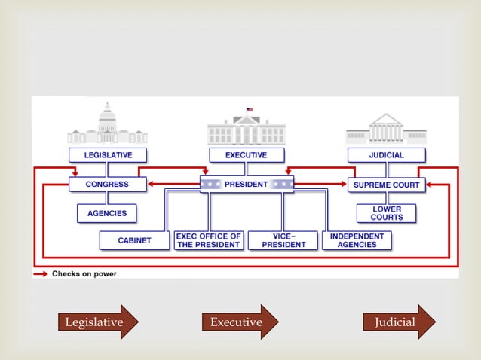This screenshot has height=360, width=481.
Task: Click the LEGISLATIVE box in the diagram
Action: coord(108,155)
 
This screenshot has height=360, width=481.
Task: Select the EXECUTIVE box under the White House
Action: coord(247,155)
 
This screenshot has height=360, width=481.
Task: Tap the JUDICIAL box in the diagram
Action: coord(387,155)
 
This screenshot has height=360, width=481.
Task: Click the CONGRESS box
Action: coord(108,184)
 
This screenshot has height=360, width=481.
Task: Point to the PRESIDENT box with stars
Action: coord(247,184)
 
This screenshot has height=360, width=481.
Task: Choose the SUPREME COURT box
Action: coord(387,184)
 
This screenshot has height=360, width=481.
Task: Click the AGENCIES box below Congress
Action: coord(107,213)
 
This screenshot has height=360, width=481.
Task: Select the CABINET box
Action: coord(134,240)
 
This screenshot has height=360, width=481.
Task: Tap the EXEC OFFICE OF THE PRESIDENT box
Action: coord(209,240)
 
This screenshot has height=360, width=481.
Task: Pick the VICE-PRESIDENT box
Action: coord(283,240)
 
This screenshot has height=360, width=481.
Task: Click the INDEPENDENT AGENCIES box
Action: coord(357,240)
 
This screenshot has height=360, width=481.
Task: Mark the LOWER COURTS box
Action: coord(387,213)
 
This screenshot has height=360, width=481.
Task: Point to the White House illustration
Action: coord(247,130)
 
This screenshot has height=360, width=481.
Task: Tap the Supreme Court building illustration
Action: coord(387,130)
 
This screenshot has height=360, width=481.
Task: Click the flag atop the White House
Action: coord(250,110)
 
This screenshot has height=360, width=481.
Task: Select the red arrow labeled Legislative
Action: coord(98,322)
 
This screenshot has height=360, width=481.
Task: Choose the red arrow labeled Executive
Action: coord(239,322)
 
